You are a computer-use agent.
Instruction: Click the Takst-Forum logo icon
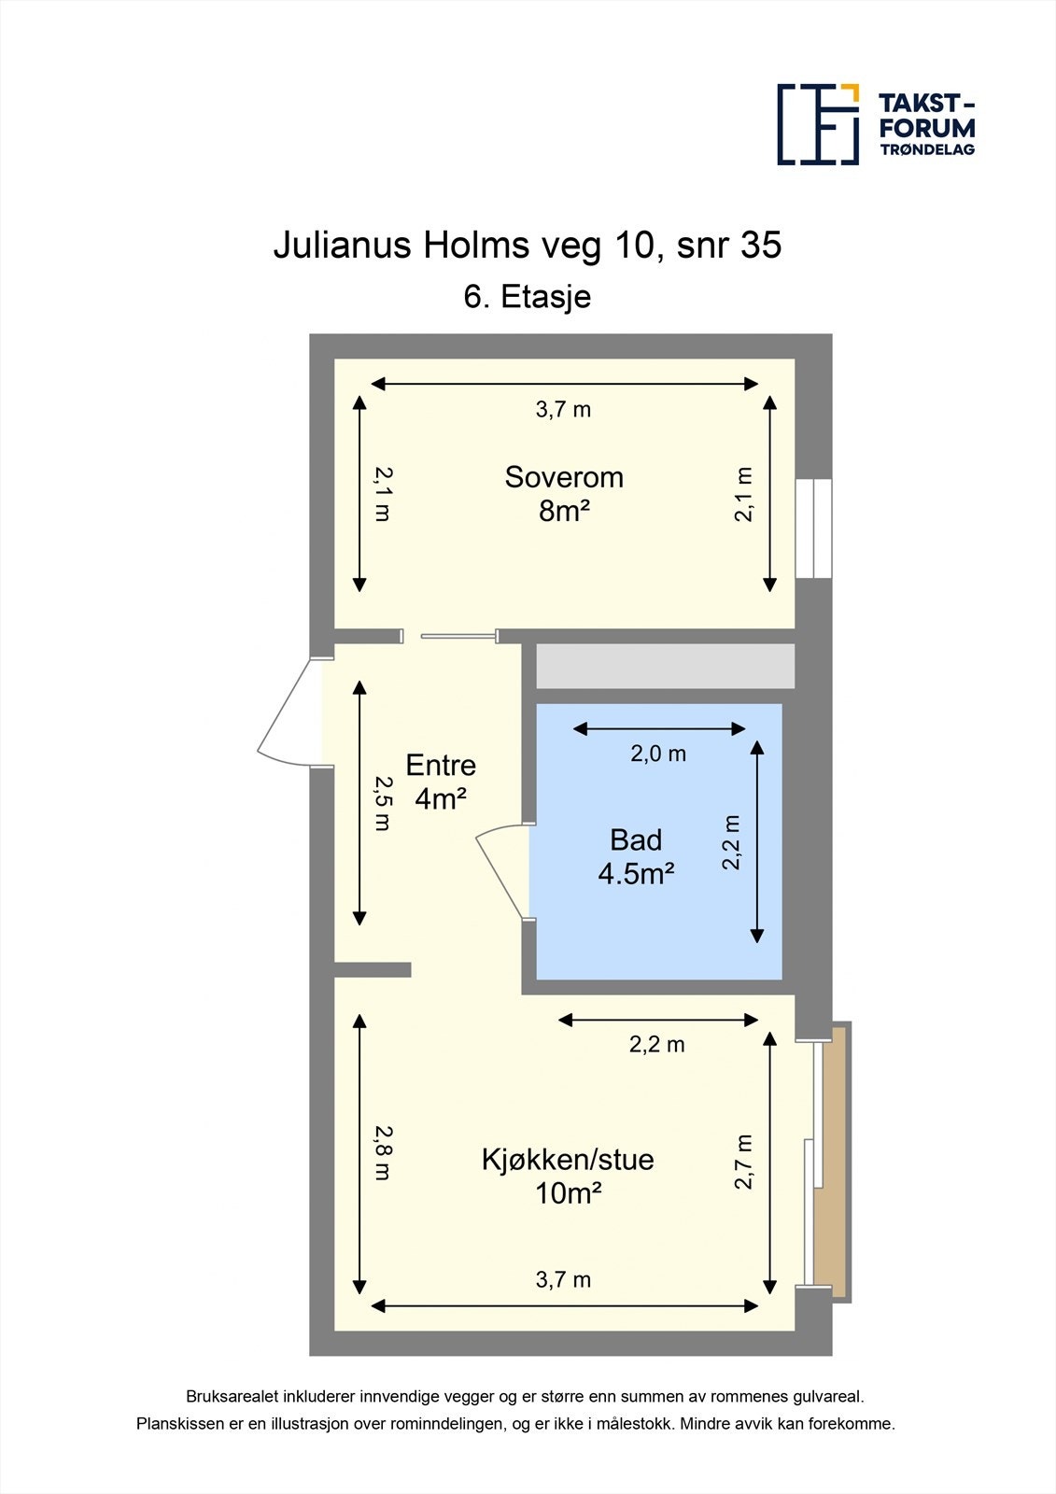(818, 124)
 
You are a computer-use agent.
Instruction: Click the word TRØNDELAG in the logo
(926, 149)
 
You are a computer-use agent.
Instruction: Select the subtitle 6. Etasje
(527, 297)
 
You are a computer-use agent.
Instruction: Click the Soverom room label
(564, 477)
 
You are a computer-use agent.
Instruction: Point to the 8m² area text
(564, 511)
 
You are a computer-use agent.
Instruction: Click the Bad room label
(636, 839)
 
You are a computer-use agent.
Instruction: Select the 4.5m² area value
(636, 874)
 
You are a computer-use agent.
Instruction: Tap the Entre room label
(441, 765)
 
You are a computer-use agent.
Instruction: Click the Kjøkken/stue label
(567, 1159)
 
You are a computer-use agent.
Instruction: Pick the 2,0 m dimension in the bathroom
(658, 754)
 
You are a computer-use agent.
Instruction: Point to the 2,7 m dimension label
(743, 1162)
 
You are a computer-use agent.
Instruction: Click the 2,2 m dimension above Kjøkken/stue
(656, 1044)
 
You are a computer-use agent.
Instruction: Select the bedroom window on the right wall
(813, 529)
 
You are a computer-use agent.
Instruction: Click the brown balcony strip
(831, 1163)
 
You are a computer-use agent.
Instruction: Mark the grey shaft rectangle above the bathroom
(665, 666)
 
